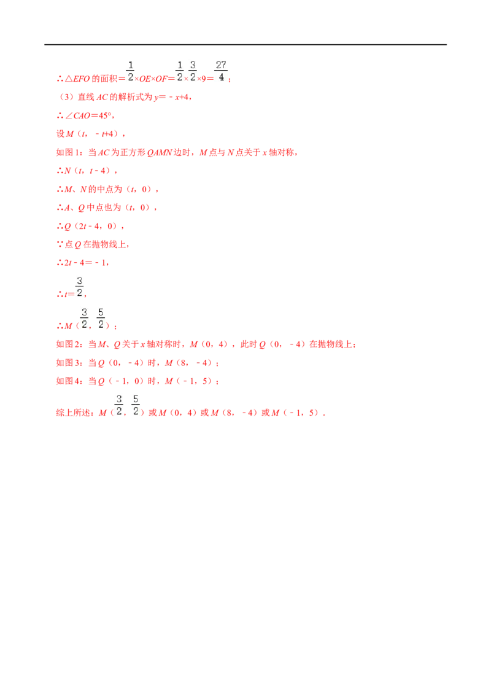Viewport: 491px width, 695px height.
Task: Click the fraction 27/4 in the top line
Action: pyautogui.click(x=221, y=71)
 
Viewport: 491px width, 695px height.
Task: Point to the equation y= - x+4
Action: pyautogui.click(x=172, y=97)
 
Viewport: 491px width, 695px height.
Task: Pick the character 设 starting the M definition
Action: pyautogui.click(x=60, y=134)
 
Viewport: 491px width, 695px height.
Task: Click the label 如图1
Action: pyautogui.click(x=69, y=152)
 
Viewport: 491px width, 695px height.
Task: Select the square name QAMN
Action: pyautogui.click(x=159, y=152)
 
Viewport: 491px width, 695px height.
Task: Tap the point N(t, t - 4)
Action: pyautogui.click(x=90, y=171)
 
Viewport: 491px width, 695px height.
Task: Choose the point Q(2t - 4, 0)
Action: pyautogui.click(x=93, y=226)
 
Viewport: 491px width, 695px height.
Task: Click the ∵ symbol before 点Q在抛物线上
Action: pyautogui.click(x=60, y=244)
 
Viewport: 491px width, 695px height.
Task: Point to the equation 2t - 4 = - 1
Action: pyautogui.click(x=86, y=263)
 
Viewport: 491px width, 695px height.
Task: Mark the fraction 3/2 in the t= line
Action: pyautogui.click(x=79, y=287)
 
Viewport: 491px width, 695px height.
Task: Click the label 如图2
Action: pyautogui.click(x=69, y=344)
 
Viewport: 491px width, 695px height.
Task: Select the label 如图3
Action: pyautogui.click(x=69, y=363)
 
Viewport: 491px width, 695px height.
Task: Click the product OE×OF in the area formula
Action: pyautogui.click(x=153, y=79)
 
